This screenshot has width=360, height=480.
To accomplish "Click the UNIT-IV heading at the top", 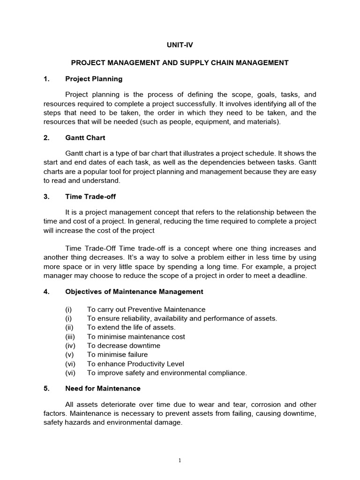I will pyautogui.click(x=180, y=45).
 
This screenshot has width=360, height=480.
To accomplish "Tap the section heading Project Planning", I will pyautogui.click(x=94, y=79).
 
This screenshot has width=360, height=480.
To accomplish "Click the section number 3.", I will pyautogui.click(x=46, y=197).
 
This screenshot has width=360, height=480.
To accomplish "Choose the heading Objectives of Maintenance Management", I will pyautogui.click(x=134, y=292).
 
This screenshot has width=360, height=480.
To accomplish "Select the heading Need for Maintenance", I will pyautogui.click(x=103, y=388).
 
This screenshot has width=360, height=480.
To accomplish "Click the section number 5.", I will pyautogui.click(x=46, y=388).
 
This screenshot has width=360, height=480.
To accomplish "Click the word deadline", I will pyautogui.click(x=291, y=276).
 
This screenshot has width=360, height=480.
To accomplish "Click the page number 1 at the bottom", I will pyautogui.click(x=180, y=460).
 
